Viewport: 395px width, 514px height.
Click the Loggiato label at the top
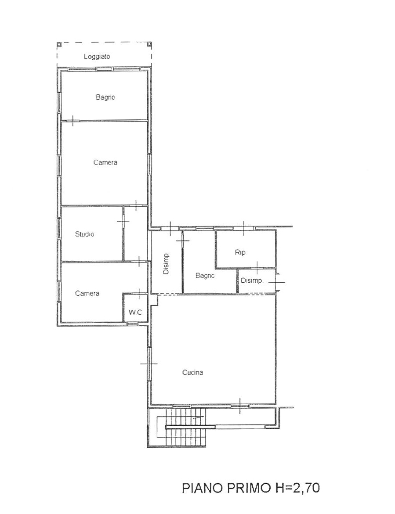pos(97,57)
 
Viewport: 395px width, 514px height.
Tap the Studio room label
pos(85,234)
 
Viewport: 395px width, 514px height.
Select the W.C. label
pos(135,313)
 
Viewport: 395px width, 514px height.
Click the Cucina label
pos(192,372)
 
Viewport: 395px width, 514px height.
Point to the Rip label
pos(240,252)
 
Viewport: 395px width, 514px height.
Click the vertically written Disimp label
pos(167,264)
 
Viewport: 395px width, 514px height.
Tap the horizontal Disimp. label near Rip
pos(252,280)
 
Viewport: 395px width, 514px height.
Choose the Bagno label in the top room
pos(105,97)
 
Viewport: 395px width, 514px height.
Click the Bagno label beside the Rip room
pos(205,276)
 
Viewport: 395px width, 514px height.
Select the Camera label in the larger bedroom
pos(105,162)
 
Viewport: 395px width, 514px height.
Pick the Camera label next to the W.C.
pos(87,293)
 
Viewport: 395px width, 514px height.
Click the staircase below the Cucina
pos(186,428)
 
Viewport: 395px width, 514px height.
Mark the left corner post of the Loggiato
pos(59,44)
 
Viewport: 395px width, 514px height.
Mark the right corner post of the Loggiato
pos(149,44)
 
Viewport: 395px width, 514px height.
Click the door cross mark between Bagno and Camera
pos(72,121)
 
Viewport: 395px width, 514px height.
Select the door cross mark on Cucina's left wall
pos(149,364)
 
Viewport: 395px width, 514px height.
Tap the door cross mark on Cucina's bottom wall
pos(240,406)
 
